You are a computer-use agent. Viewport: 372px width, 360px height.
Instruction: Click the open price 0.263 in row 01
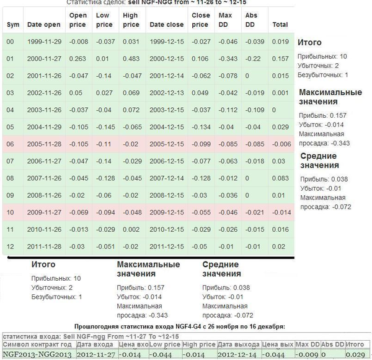(x=77, y=59)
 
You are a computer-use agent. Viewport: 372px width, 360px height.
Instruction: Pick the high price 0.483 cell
(x=130, y=59)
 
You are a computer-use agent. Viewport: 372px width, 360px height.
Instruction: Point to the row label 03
(x=11, y=93)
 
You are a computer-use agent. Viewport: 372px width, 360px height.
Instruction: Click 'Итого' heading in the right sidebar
(x=309, y=43)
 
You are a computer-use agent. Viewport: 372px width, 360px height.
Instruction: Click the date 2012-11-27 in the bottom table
(x=95, y=354)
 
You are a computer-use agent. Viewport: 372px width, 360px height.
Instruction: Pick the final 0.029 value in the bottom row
(x=355, y=354)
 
